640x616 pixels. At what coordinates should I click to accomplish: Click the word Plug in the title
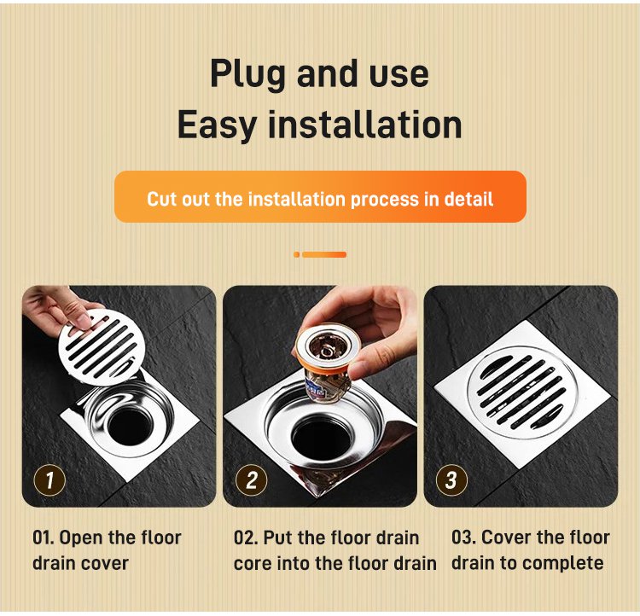point(247,75)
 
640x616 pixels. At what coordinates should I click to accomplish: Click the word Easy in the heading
point(217,126)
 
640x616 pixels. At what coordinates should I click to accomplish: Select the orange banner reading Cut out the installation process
point(320,197)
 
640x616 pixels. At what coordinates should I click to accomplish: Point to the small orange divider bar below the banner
point(320,255)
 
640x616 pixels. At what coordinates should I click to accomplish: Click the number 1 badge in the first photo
point(49,480)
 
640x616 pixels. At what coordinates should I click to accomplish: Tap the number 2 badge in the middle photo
point(252,480)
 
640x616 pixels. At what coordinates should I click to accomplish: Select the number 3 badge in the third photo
point(451,480)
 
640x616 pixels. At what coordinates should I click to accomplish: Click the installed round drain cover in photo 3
point(522,393)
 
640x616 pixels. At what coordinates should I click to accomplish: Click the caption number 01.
point(44,538)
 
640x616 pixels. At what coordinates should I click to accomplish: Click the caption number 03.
point(463,538)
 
